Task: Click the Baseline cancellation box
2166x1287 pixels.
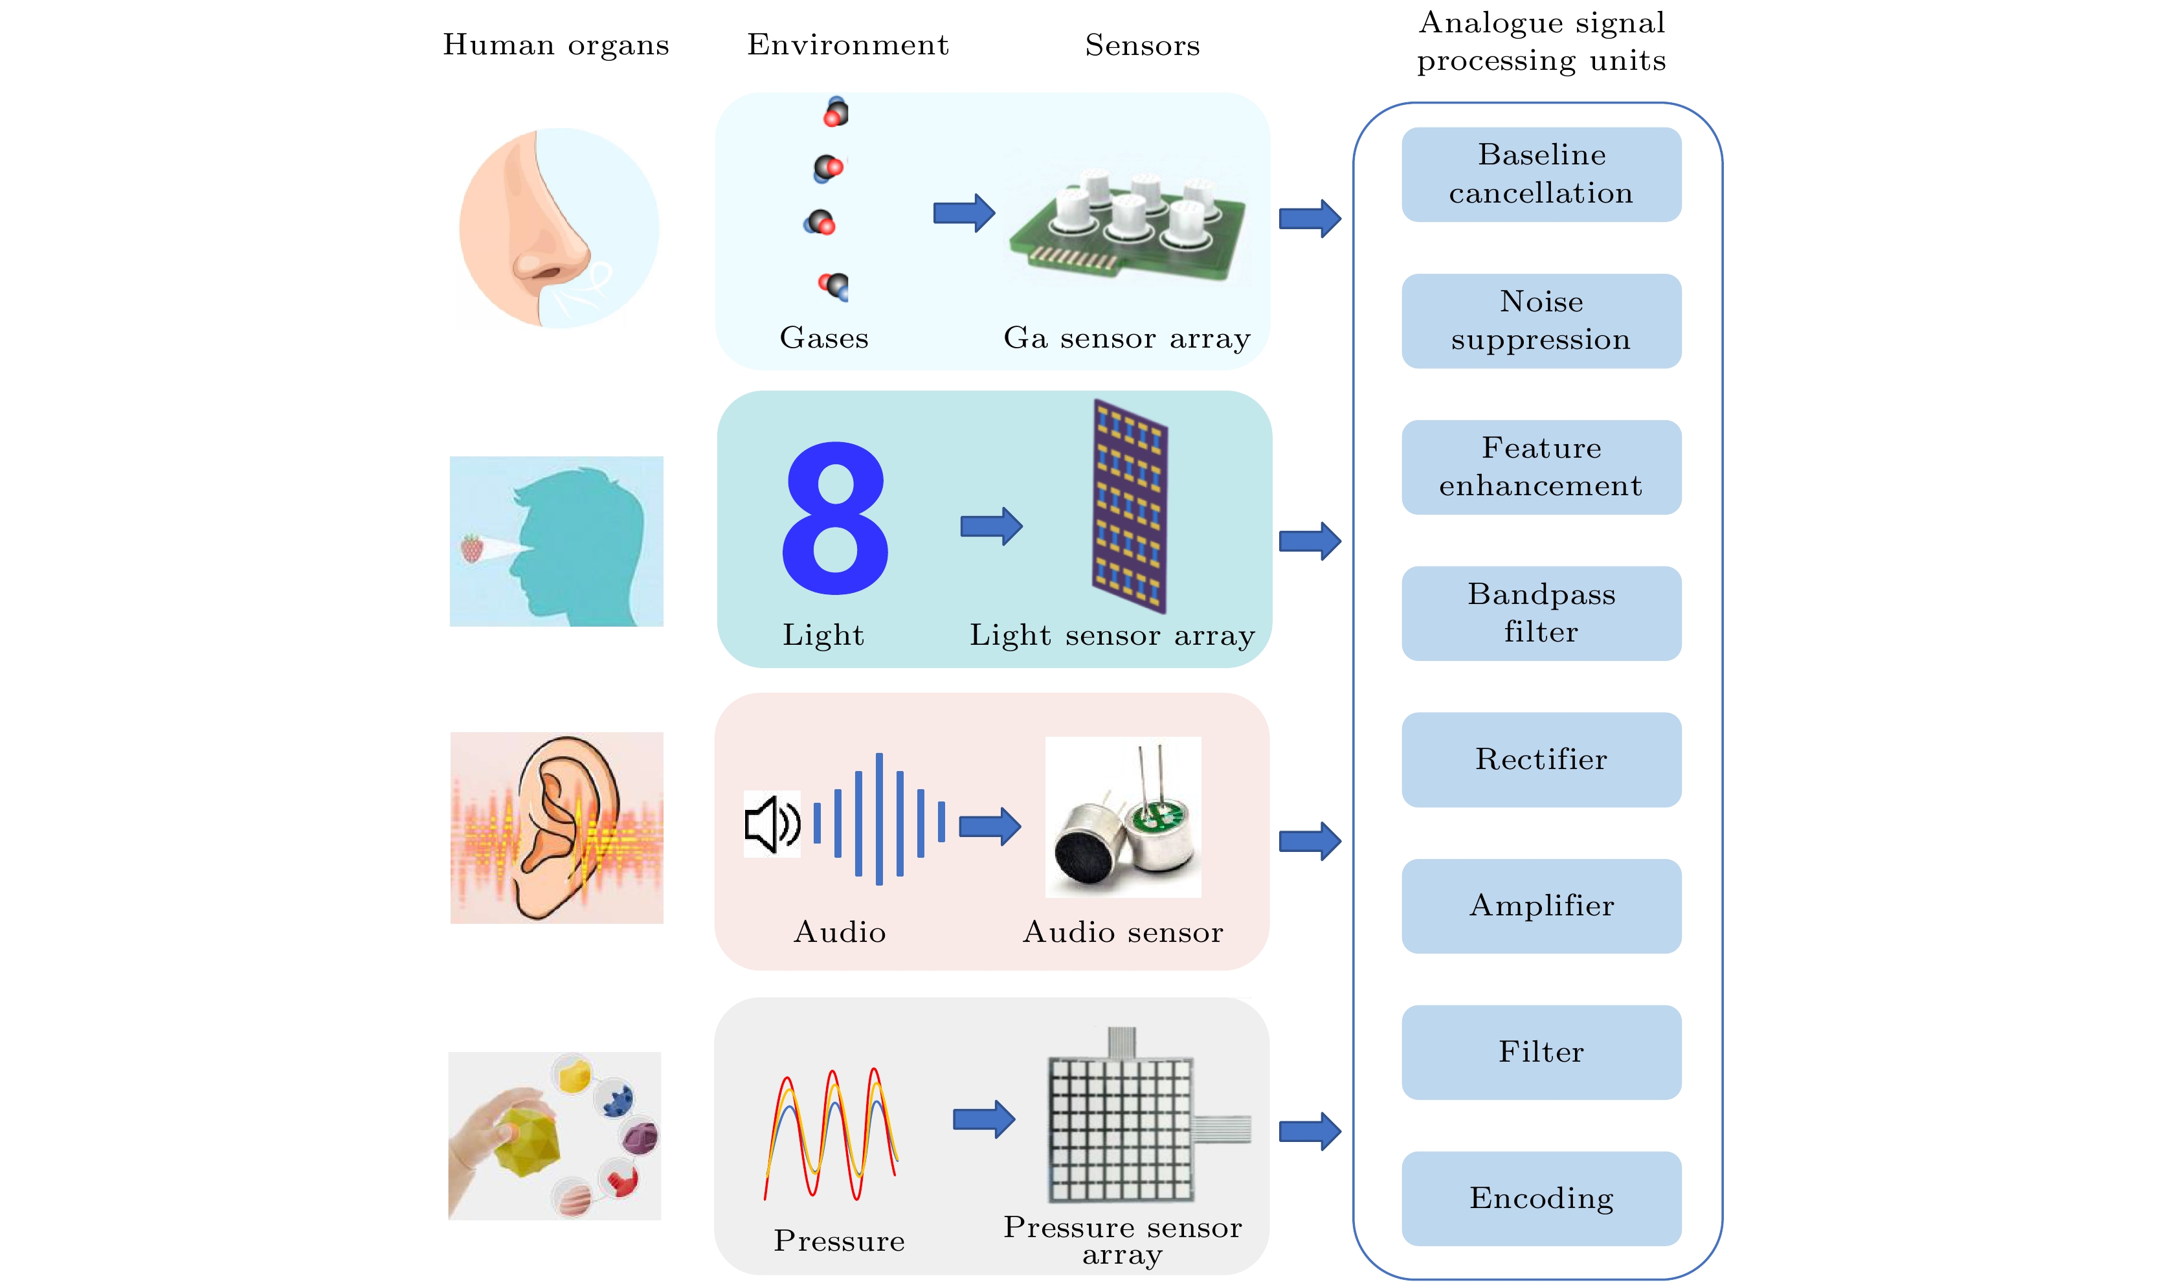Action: (1541, 174)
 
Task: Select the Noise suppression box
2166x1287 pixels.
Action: (1541, 321)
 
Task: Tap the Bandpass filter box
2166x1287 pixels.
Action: (1541, 613)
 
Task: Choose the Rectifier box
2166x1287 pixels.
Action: (1541, 760)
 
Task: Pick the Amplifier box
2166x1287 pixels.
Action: (1541, 906)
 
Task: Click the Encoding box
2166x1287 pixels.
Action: (1541, 1198)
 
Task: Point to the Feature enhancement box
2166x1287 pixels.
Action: (1541, 467)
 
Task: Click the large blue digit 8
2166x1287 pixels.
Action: (835, 518)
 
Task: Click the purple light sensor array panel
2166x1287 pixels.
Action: (1129, 506)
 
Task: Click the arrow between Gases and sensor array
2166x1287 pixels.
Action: (963, 212)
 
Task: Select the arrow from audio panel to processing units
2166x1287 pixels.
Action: (1310, 840)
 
